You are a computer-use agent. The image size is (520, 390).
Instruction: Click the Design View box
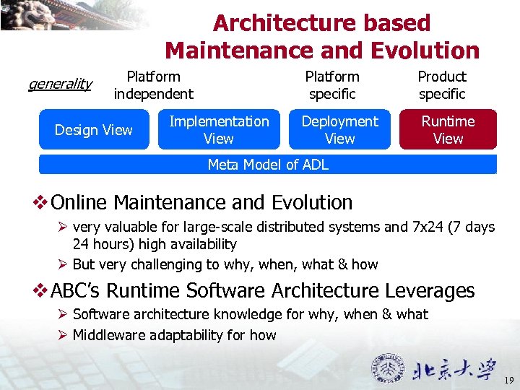pos(94,130)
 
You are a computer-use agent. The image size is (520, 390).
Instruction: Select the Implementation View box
pos(218,130)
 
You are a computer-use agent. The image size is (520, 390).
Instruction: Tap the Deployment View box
pos(339,130)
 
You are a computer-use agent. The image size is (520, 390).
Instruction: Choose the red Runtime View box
pos(448,130)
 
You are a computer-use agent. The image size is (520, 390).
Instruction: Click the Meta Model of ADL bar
pos(268,165)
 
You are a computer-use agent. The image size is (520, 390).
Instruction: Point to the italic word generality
pos(59,84)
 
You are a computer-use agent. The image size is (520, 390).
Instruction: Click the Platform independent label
pos(153,85)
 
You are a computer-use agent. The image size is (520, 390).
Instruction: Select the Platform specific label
pos(331,85)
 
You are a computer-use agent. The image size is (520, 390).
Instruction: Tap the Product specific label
pos(442,85)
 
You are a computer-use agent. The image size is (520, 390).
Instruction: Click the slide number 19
pos(508,380)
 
